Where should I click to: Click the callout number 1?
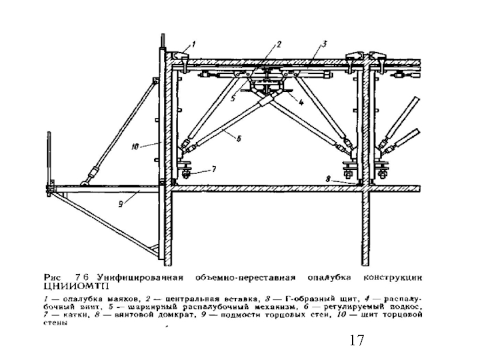[193, 43]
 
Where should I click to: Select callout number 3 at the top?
[324, 43]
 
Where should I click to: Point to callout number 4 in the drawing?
[301, 102]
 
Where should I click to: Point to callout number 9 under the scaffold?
[120, 204]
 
